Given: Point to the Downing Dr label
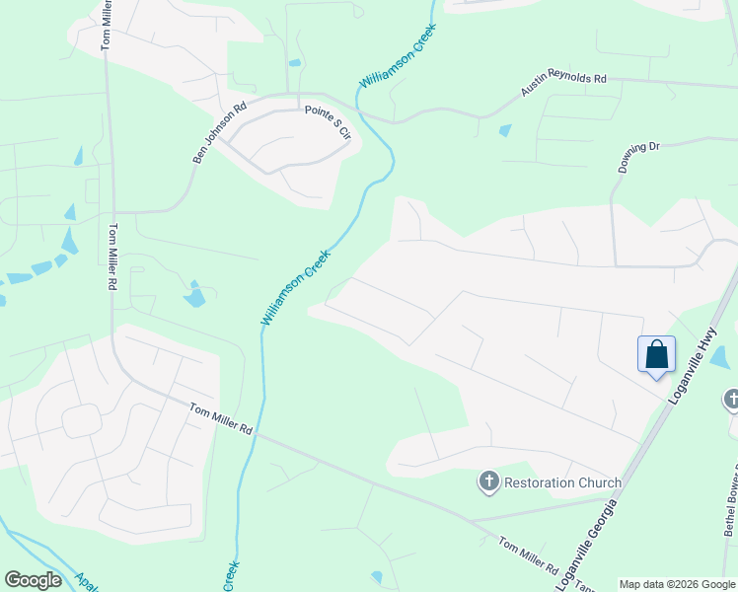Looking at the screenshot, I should point(638,157).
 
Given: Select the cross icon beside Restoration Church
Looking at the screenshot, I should point(488,481).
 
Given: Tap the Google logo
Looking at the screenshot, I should point(34,580).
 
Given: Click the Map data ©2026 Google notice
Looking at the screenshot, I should point(677,584).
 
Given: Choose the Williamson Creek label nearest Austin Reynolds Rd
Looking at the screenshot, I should point(397,48).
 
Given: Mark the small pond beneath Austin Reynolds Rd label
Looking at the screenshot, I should point(506,130).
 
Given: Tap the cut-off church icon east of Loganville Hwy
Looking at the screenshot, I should point(732,400).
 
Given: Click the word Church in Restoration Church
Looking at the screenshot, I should point(595,482).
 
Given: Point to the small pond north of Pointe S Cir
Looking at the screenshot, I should point(295,63).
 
